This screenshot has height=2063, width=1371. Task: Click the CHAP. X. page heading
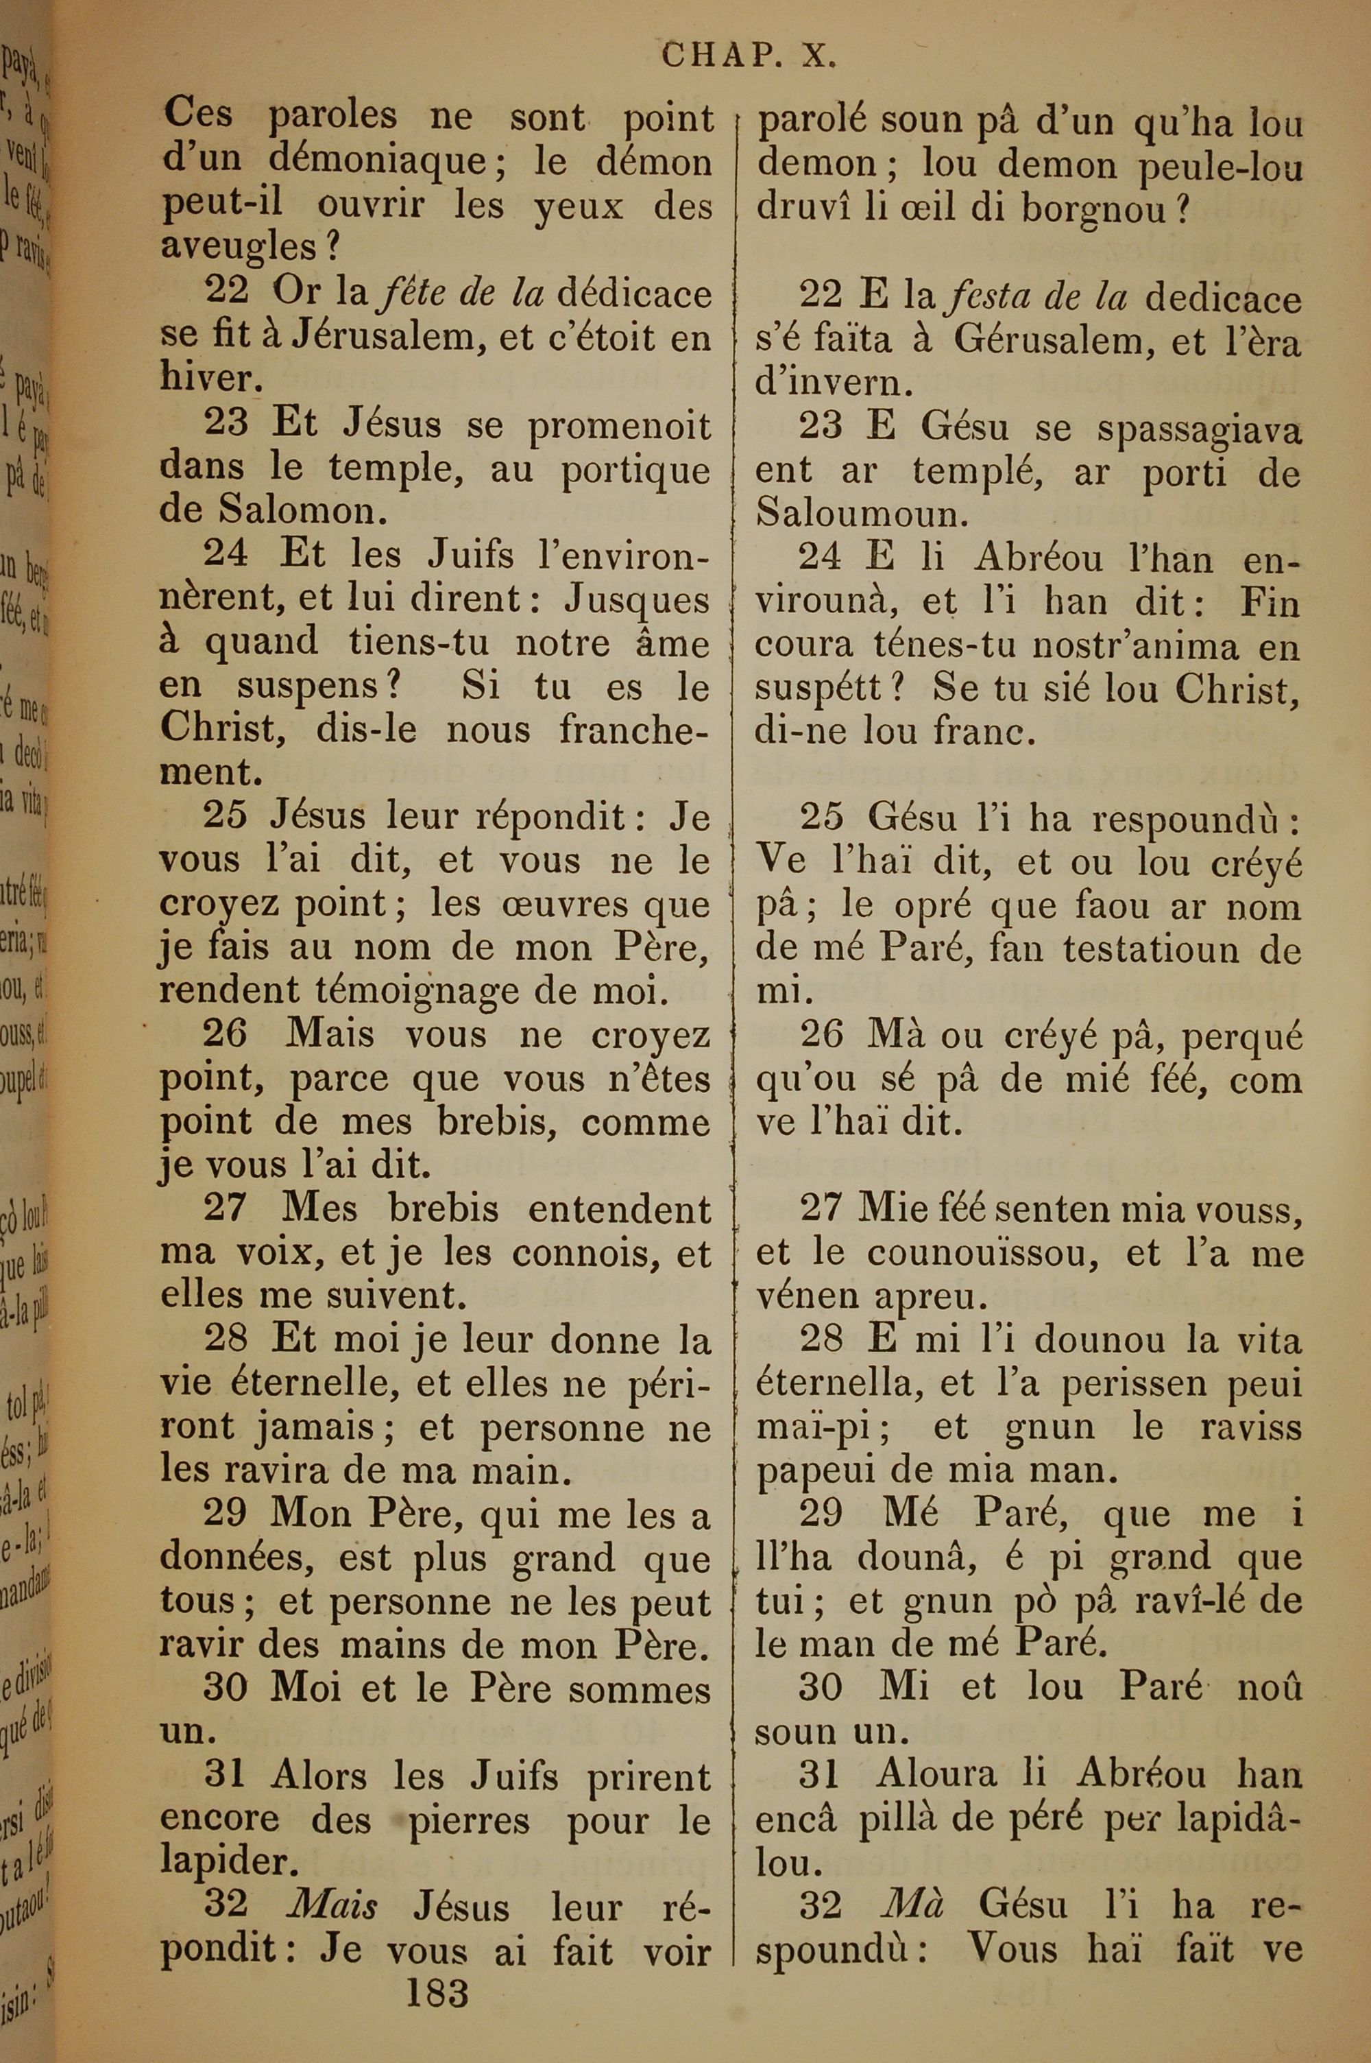coord(749,56)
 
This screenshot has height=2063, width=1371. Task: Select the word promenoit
coord(619,426)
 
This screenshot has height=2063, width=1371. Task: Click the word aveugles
coord(239,248)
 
